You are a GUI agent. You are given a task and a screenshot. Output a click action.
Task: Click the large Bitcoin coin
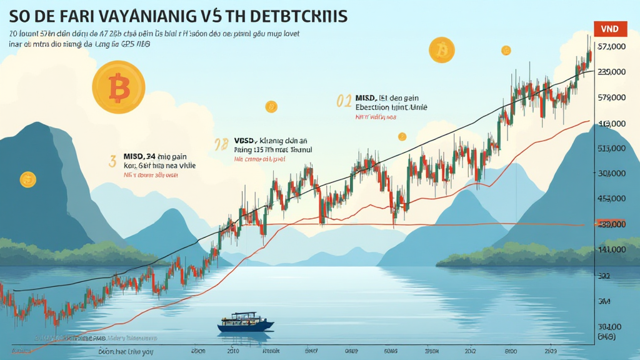click(118, 87)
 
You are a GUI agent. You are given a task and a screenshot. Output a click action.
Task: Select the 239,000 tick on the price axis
click(612, 72)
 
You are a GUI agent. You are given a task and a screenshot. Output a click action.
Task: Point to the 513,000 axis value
click(612, 149)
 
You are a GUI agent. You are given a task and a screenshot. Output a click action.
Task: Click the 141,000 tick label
click(612, 249)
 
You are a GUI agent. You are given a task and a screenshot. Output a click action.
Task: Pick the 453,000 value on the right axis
click(612, 199)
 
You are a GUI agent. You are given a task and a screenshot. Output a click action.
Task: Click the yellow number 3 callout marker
click(112, 161)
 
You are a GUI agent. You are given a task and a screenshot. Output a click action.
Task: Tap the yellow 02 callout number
click(344, 101)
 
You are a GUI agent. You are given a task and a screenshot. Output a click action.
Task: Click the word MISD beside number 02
click(366, 97)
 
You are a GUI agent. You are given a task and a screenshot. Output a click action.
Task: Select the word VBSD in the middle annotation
click(246, 141)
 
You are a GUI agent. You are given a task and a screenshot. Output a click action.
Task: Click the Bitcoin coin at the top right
click(442, 49)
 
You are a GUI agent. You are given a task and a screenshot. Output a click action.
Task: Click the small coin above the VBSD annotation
click(271, 107)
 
